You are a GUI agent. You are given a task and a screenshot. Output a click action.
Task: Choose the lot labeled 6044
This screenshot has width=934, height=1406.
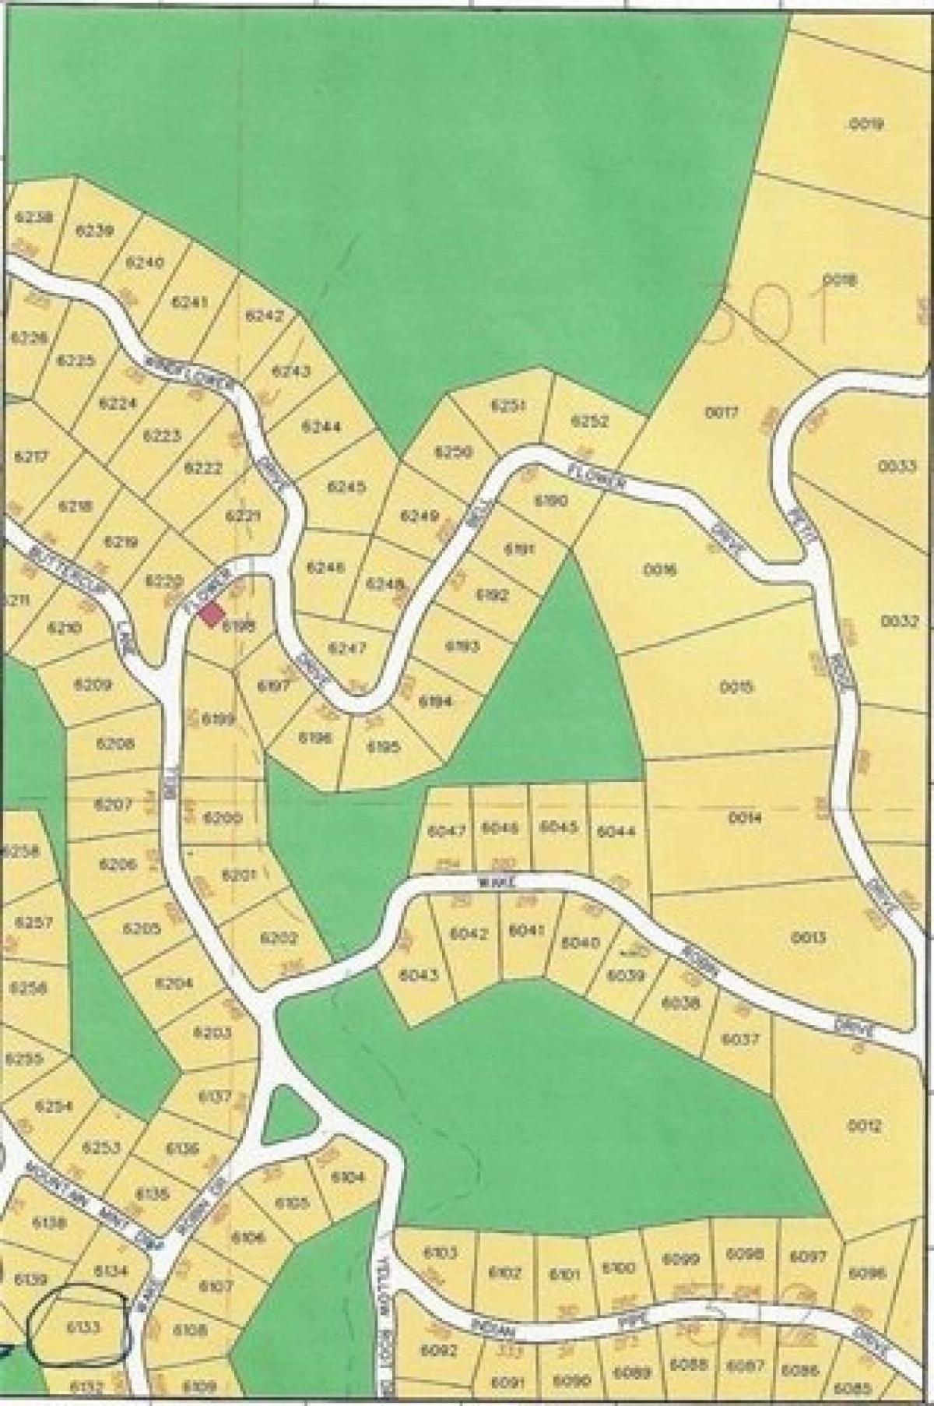pyautogui.click(x=616, y=831)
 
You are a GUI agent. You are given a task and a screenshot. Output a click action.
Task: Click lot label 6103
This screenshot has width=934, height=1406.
pyautogui.click(x=441, y=1253)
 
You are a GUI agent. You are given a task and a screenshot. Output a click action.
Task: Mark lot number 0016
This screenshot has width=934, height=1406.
pyautogui.click(x=661, y=569)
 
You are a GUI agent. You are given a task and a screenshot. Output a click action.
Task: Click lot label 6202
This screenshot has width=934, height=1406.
pyautogui.click(x=279, y=939)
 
